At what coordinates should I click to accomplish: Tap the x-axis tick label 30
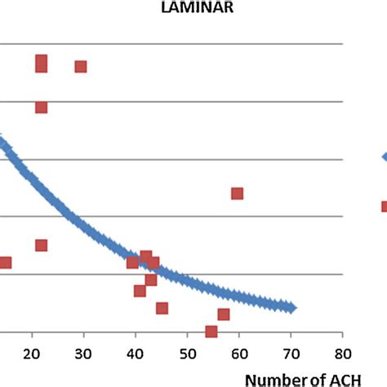tap(83, 353)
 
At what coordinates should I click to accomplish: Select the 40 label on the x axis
tap(135, 353)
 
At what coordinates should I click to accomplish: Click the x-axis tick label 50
tap(187, 353)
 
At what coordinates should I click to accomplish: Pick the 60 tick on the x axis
tap(238, 353)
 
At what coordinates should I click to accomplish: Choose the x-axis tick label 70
tap(291, 353)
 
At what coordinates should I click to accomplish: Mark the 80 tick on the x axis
tap(342, 353)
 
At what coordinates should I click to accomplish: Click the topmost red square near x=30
tap(81, 66)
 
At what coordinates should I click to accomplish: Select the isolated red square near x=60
tap(237, 193)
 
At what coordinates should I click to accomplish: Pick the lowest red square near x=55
tap(211, 331)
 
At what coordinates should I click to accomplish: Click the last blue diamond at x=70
tap(290, 307)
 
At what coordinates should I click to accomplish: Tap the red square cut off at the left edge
tap(5, 262)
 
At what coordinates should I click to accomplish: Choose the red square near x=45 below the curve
tap(162, 308)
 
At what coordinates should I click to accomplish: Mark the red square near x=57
tap(224, 314)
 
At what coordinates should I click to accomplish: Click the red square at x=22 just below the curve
tap(41, 245)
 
